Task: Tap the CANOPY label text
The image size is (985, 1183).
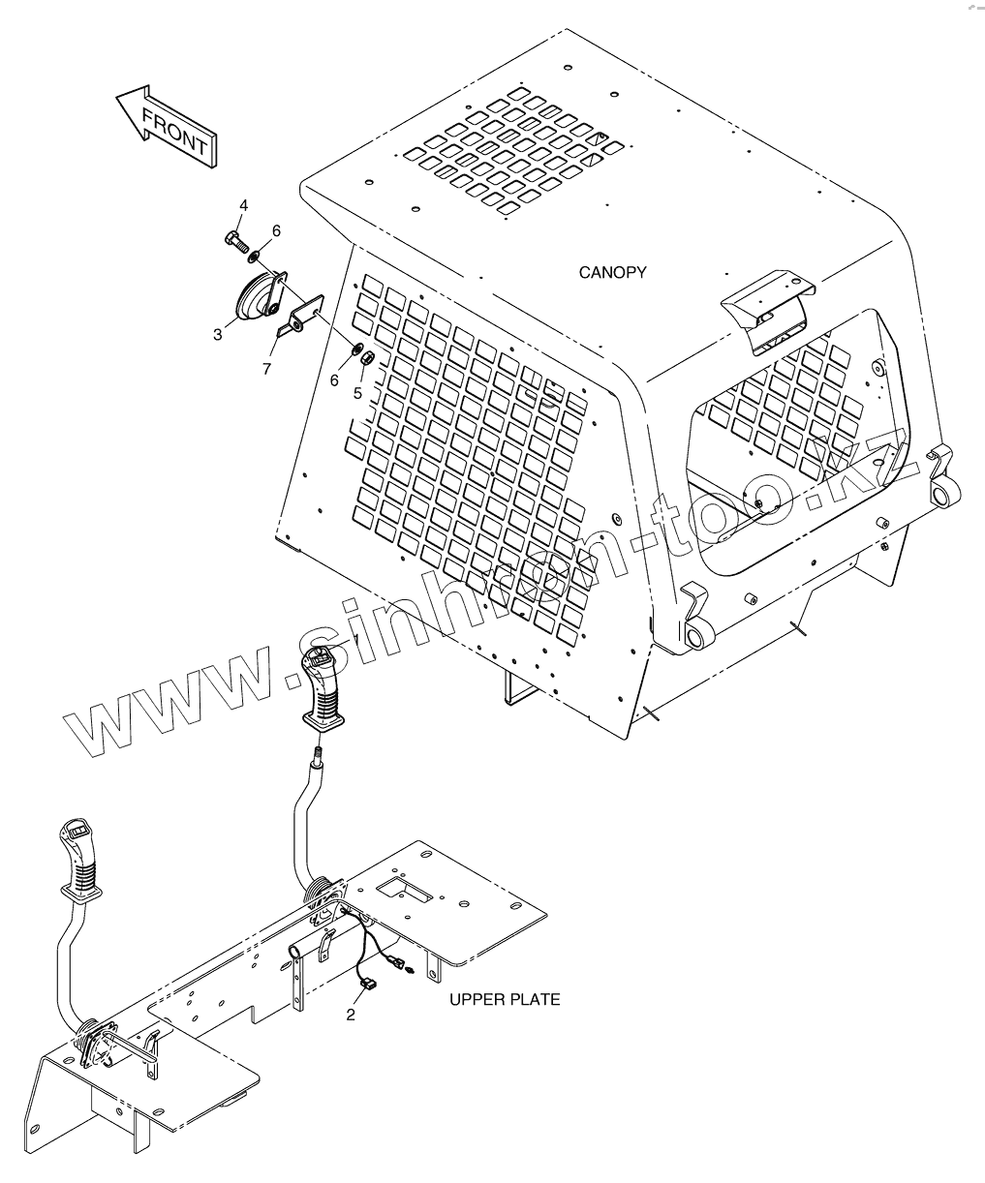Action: click(x=612, y=273)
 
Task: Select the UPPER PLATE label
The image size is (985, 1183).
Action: click(x=505, y=999)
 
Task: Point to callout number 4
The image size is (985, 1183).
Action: click(x=243, y=205)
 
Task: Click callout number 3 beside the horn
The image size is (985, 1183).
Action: click(x=218, y=334)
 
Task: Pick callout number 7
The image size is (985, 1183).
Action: click(x=266, y=370)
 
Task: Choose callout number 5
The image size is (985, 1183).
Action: click(x=356, y=394)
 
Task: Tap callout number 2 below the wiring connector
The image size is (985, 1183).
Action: click(x=351, y=1016)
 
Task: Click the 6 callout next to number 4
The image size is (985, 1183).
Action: click(x=276, y=230)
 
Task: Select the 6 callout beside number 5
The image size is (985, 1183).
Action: click(x=334, y=380)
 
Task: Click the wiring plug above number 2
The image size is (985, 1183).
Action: click(x=365, y=986)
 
